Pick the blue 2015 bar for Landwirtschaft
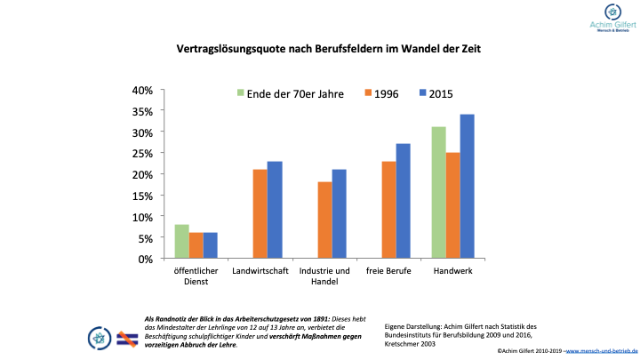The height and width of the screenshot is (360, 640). click(x=275, y=210)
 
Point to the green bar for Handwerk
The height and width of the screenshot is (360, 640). click(x=439, y=193)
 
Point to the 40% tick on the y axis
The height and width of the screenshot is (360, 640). click(x=142, y=91)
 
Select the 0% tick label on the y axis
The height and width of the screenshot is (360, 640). click(x=145, y=259)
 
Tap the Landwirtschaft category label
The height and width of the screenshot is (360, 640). click(x=260, y=270)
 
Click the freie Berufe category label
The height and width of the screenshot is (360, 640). click(x=388, y=270)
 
